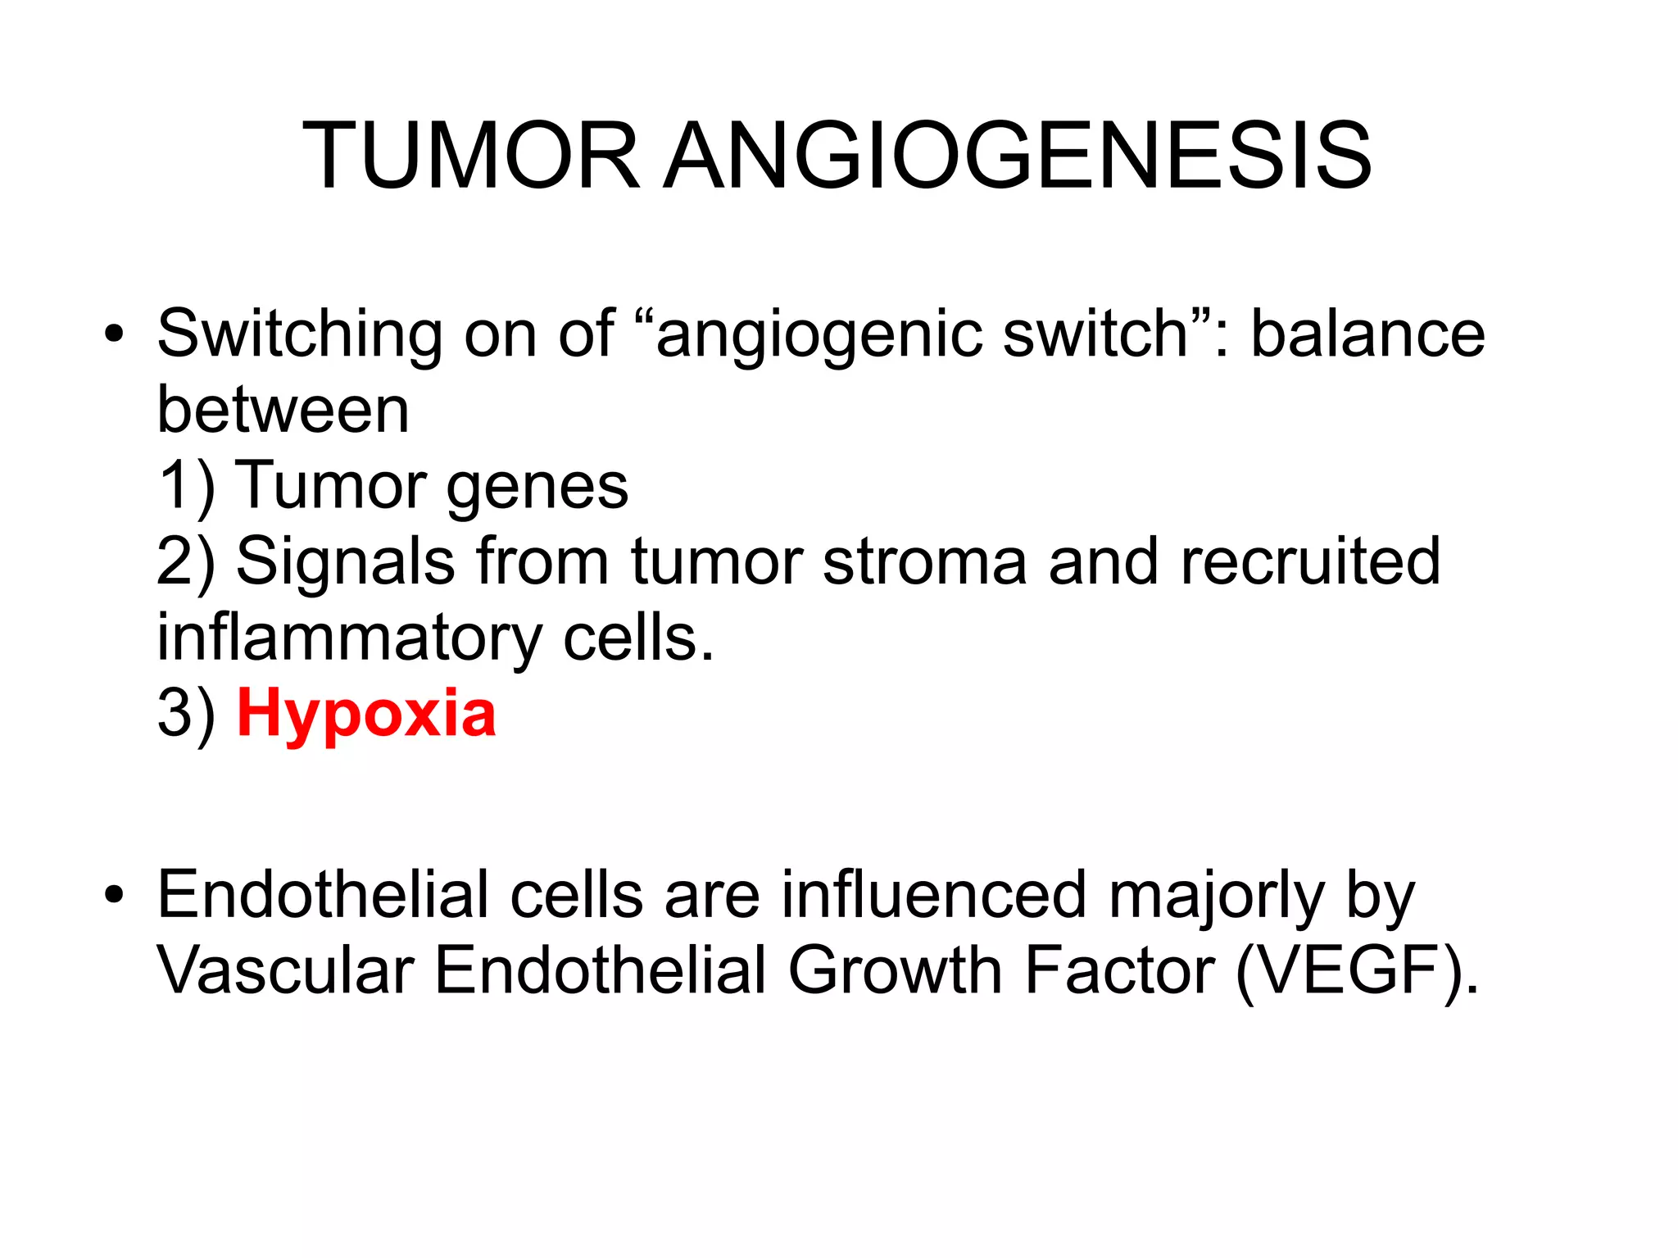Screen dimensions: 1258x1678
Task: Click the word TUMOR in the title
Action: (470, 156)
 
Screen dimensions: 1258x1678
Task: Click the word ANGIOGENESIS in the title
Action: (1018, 156)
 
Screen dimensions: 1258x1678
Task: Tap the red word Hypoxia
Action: (366, 715)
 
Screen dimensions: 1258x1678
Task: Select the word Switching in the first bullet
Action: (300, 335)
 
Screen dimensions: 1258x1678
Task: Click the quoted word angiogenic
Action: (819, 335)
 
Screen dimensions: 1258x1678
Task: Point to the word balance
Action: (1367, 335)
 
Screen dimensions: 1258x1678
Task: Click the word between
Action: (283, 410)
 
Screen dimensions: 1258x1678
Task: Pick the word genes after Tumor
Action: (537, 486)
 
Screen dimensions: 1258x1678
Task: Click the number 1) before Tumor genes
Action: (185, 487)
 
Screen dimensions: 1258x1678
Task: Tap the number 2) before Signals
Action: (186, 562)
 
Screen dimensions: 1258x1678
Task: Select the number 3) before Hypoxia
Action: (186, 715)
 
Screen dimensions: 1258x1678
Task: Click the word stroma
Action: (924, 562)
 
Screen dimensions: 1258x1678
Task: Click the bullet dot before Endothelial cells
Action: (114, 895)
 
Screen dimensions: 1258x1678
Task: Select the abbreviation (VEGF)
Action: (1355, 972)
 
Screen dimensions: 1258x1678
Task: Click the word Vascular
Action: (285, 972)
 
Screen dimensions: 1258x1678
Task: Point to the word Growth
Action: (896, 972)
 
